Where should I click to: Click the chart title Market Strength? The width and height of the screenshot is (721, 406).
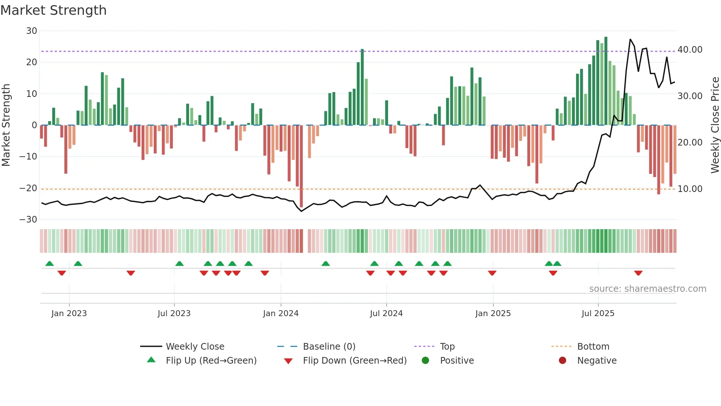tap(53, 10)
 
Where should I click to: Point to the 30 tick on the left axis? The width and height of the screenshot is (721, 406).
tap(32, 31)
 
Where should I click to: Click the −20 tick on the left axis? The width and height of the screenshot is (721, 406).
tap(28, 188)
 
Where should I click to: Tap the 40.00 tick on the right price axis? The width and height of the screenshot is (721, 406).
tap(690, 50)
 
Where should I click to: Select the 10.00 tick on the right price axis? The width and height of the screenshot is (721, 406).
tap(690, 189)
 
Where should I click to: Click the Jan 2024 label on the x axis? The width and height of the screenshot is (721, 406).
tap(281, 314)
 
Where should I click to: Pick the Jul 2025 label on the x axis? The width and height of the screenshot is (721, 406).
tap(598, 314)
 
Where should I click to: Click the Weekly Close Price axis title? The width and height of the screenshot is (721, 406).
tap(715, 125)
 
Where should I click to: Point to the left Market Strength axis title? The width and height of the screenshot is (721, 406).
tap(6, 125)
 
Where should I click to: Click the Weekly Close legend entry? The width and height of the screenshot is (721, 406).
tap(195, 347)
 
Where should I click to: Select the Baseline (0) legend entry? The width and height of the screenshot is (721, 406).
tap(329, 347)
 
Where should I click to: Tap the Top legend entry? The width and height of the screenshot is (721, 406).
tap(447, 347)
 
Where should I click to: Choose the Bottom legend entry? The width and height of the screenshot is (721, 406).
tap(593, 347)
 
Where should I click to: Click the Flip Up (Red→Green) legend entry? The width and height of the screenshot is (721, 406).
tap(211, 361)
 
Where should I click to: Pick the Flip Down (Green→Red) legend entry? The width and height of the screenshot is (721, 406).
tap(355, 361)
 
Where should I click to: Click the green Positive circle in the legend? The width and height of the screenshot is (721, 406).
tap(426, 361)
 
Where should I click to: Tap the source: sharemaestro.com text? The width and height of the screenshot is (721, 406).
tap(647, 289)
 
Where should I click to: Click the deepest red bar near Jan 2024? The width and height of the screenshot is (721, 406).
tap(301, 166)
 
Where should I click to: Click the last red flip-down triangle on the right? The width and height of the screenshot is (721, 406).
tap(638, 273)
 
